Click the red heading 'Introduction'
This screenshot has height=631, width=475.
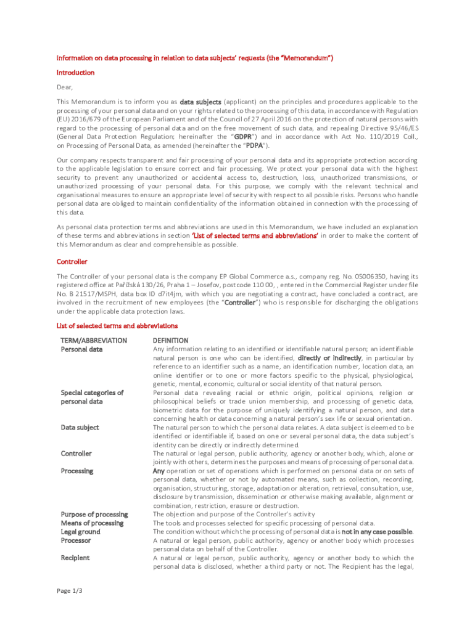pos(75,73)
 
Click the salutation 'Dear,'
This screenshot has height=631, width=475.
pos(65,88)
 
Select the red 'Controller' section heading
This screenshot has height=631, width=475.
pos(72,262)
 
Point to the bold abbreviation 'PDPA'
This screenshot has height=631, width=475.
pos(255,146)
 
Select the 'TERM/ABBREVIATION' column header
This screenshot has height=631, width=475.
pos(94,341)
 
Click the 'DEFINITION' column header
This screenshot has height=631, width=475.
pos(170,341)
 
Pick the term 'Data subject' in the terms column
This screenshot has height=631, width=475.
pos(80,428)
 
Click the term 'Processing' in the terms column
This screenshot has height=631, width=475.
pos(76,471)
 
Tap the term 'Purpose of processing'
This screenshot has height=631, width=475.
pos(94,515)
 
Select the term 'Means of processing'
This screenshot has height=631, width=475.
pos(92,523)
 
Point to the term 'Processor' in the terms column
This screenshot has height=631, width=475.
pos(75,540)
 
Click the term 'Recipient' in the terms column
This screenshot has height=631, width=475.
pos(75,558)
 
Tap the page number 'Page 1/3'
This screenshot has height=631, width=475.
pos(70,591)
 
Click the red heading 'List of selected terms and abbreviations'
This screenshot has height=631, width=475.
pos(117,326)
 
